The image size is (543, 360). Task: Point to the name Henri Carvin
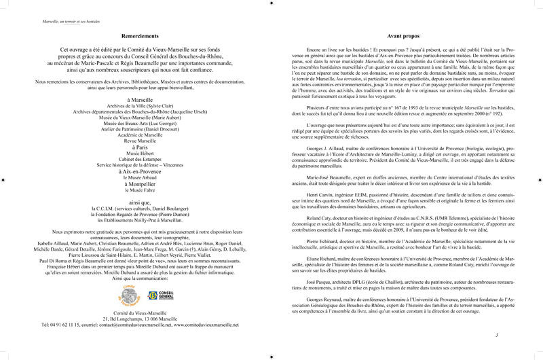point(319,213)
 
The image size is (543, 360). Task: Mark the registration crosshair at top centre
point(271,3)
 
